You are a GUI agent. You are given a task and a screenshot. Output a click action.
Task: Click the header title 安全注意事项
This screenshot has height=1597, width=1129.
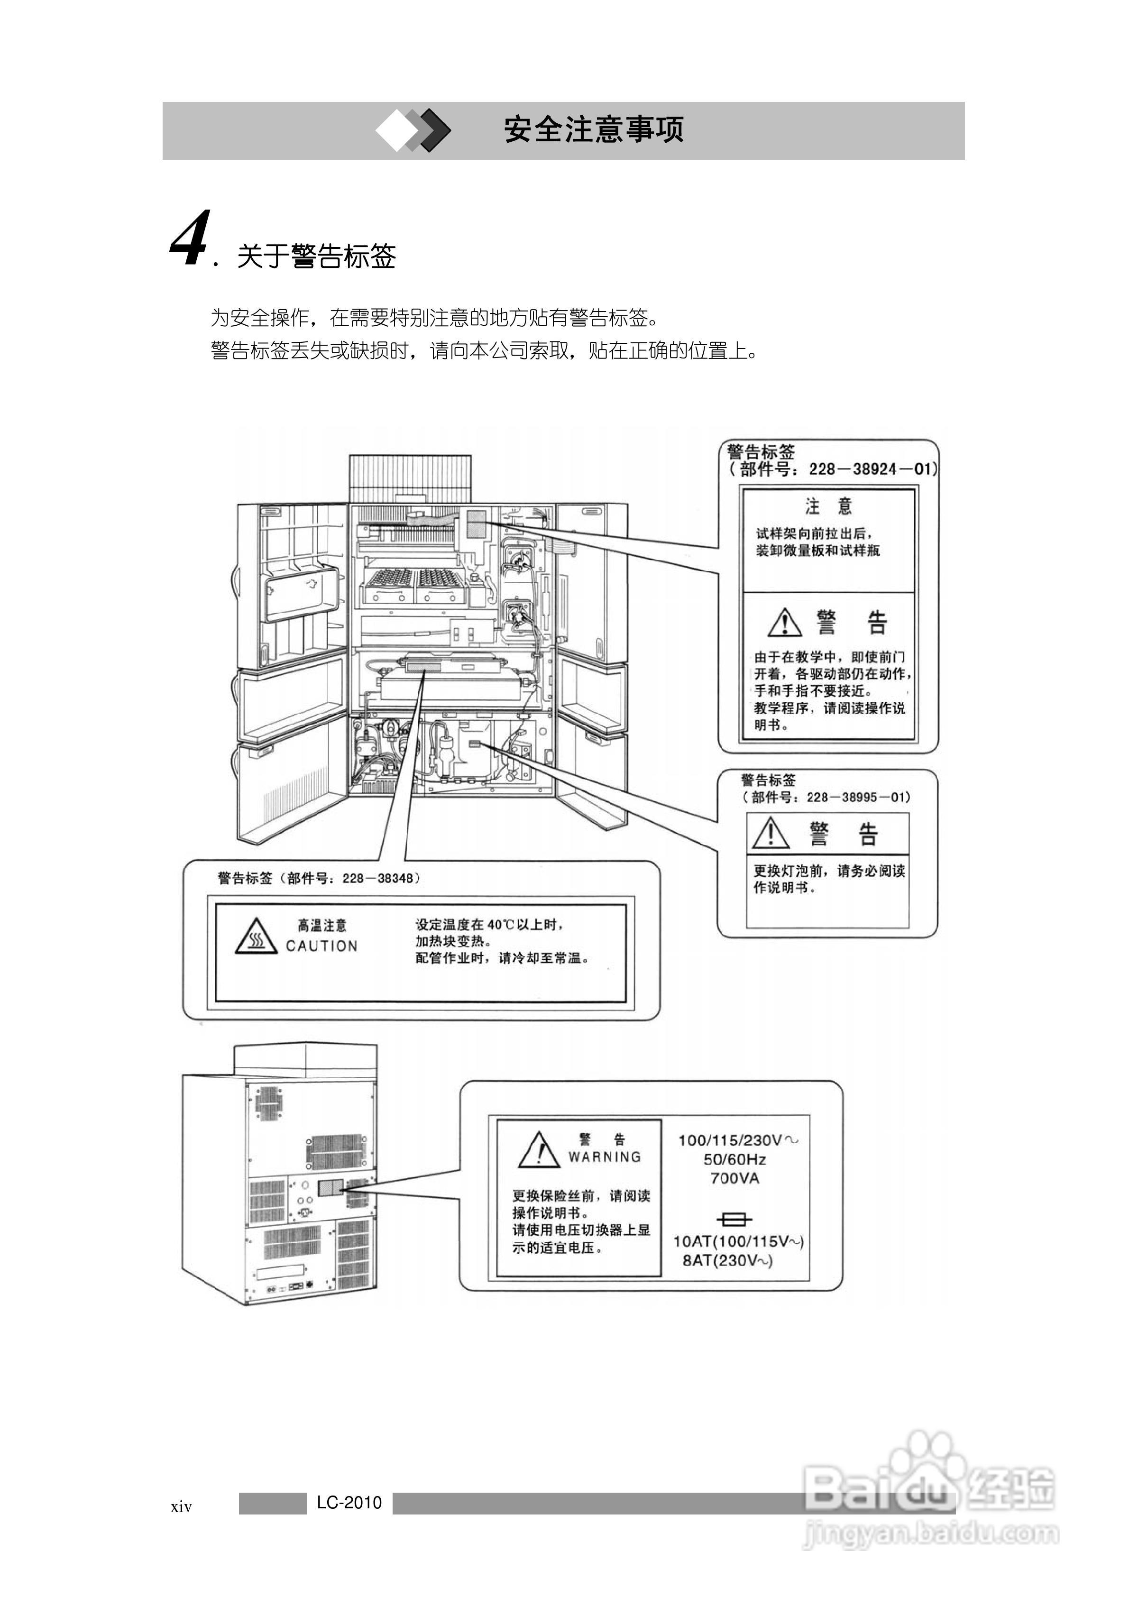click(x=593, y=130)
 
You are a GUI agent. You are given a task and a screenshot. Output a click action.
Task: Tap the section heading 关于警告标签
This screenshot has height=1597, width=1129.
click(x=317, y=256)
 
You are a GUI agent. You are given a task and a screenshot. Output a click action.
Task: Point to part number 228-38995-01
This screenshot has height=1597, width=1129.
click(x=858, y=797)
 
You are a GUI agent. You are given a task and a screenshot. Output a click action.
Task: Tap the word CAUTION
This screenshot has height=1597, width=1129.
click(x=321, y=946)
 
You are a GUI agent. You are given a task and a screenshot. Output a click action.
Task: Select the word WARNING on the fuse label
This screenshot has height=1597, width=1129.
click(x=604, y=1156)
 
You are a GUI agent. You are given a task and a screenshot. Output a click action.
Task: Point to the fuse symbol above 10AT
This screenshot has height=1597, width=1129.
click(x=734, y=1219)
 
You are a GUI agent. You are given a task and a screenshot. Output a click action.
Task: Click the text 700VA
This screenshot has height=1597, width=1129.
click(x=734, y=1178)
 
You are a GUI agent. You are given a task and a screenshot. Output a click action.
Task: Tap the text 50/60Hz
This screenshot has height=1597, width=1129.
click(x=734, y=1159)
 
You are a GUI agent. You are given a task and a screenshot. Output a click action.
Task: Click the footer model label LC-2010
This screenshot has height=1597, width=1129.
click(x=349, y=1503)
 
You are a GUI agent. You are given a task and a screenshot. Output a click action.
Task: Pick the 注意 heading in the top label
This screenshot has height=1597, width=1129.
click(x=828, y=505)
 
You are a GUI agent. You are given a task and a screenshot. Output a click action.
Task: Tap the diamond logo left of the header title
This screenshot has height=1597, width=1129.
click(x=413, y=130)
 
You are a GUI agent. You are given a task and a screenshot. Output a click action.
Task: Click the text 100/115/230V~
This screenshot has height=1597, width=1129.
click(x=738, y=1140)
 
